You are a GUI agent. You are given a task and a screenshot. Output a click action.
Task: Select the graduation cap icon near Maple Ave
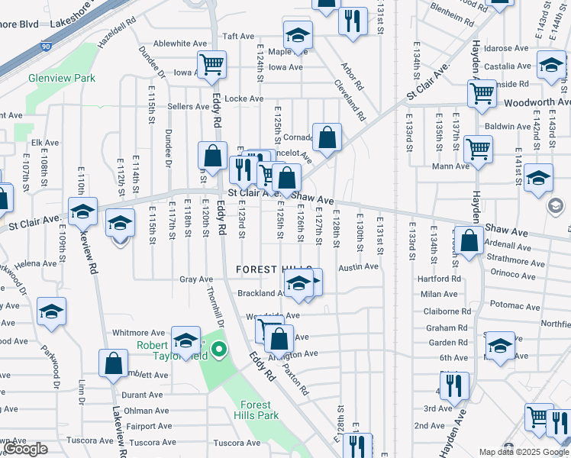coord(298,34)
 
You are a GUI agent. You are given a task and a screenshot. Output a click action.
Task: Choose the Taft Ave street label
coord(237,36)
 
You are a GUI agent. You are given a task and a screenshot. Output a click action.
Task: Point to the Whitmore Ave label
coord(138,333)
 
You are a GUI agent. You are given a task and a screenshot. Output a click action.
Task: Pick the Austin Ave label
coord(358,266)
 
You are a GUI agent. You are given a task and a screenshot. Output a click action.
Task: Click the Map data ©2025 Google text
coord(524,452)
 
